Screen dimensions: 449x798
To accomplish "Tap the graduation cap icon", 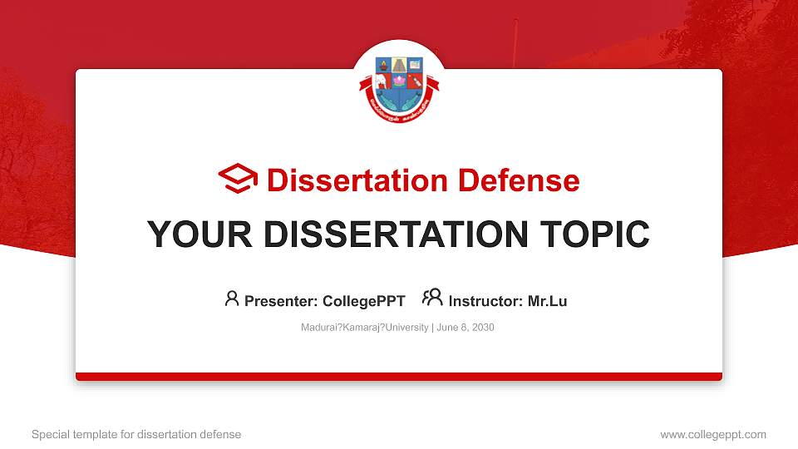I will click(238, 179).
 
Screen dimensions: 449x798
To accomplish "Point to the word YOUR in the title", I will click(196, 234).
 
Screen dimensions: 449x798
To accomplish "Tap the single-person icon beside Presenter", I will click(232, 299).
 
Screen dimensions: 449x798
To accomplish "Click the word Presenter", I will click(279, 301).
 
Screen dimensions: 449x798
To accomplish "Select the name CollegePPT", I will click(363, 301).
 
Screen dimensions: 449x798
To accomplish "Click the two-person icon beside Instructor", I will click(432, 299).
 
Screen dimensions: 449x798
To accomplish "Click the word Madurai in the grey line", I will click(318, 328).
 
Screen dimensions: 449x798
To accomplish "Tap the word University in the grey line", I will click(405, 328).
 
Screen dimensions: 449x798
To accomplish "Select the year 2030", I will click(481, 328).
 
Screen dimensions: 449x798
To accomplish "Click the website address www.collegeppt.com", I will click(713, 435).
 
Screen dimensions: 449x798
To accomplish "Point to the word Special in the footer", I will click(50, 435).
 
